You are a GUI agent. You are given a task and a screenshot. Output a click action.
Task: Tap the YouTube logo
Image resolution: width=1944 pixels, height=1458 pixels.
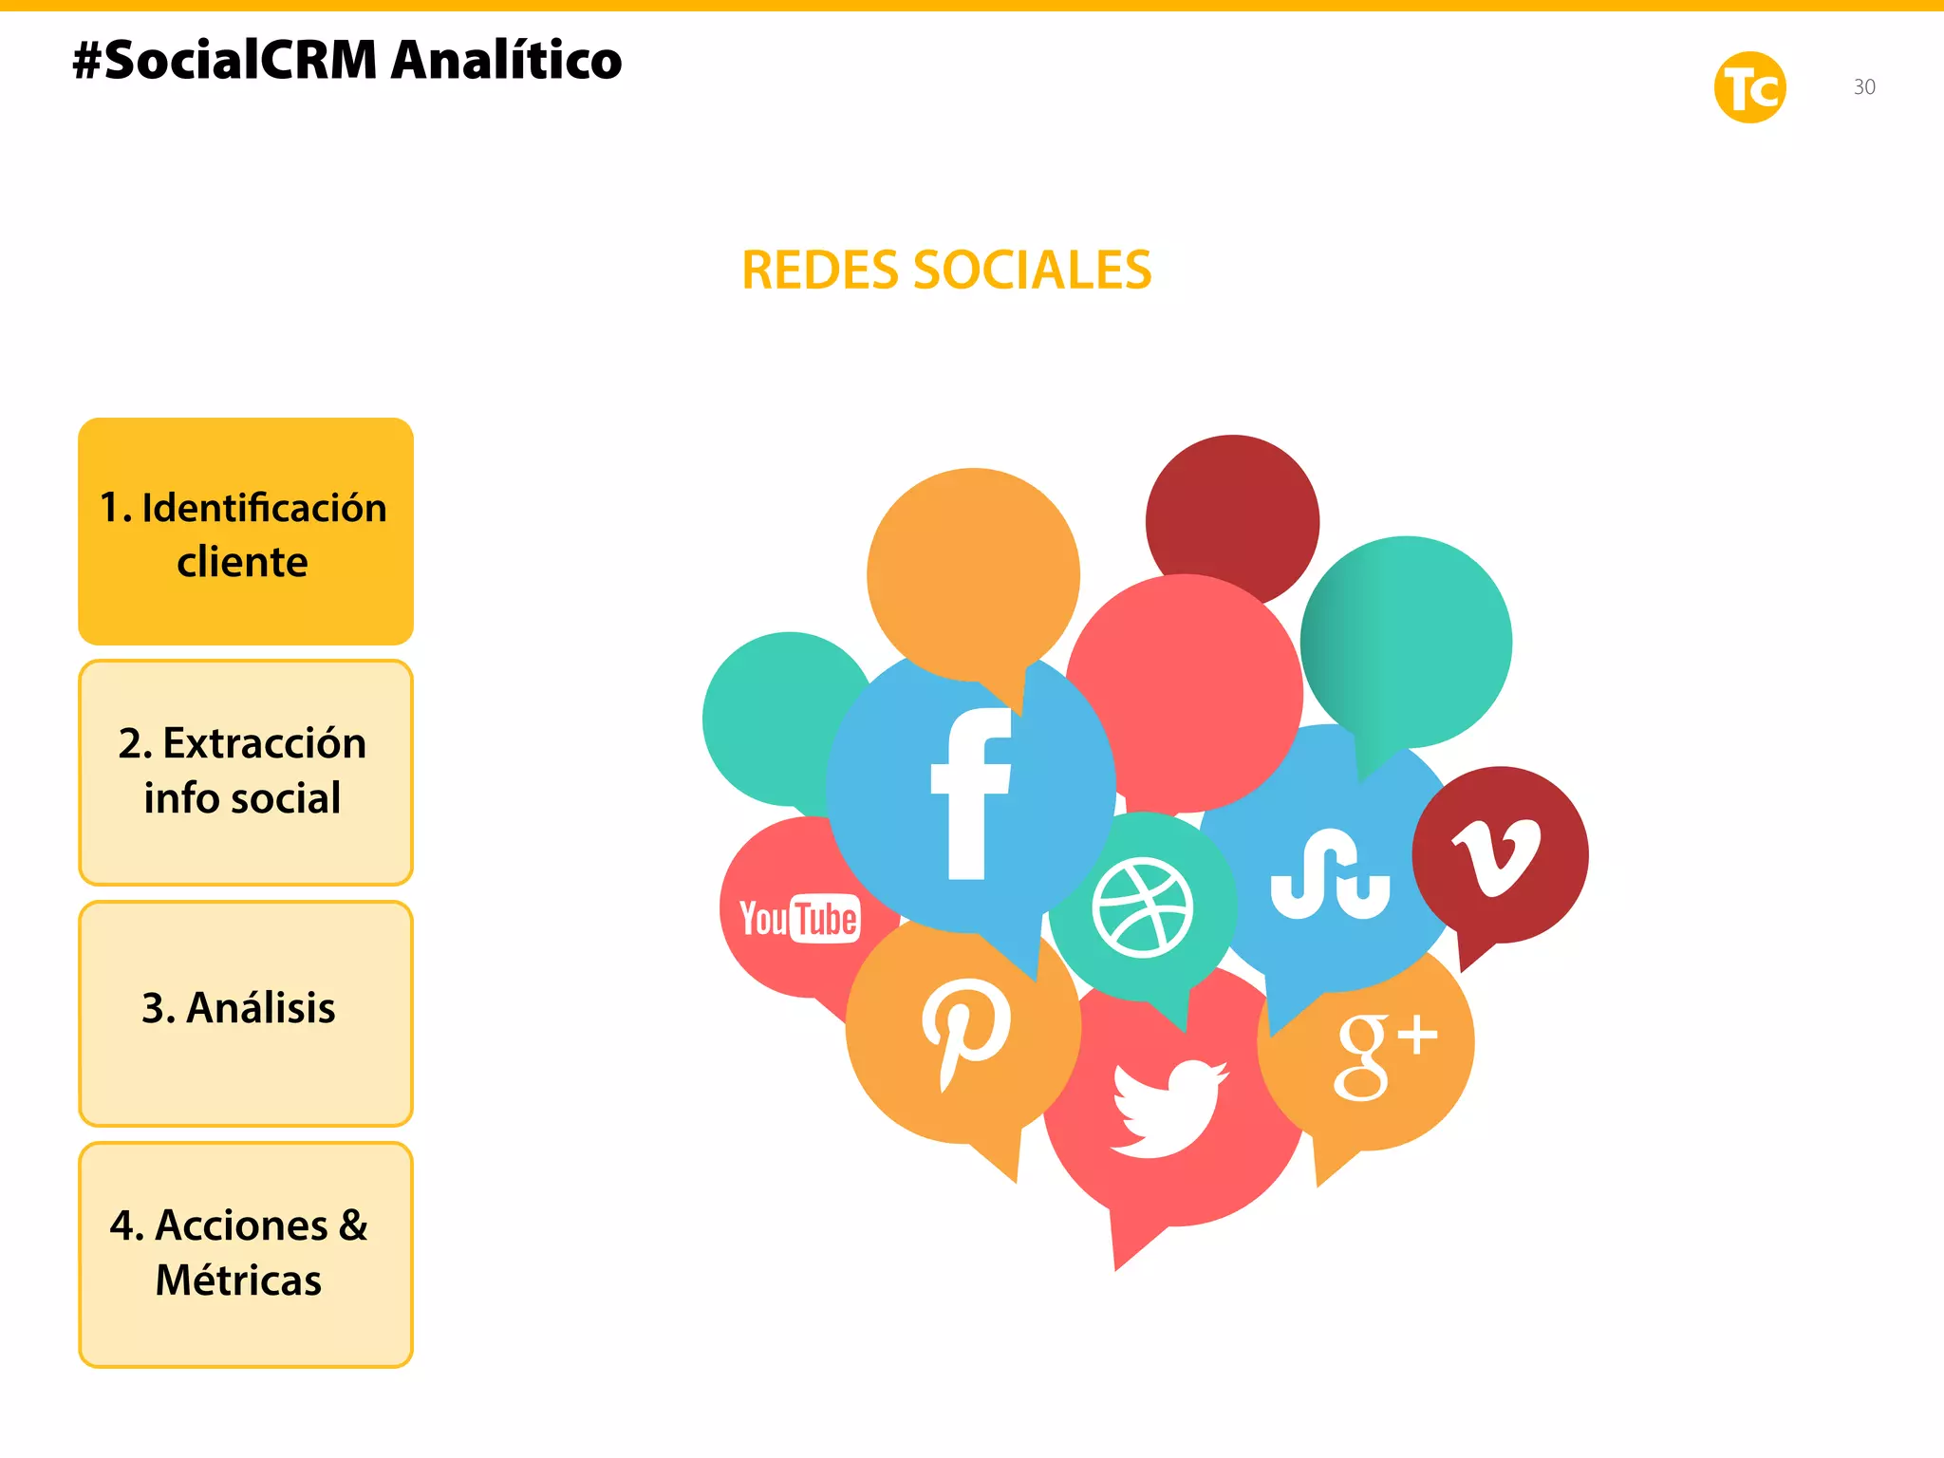[799, 918]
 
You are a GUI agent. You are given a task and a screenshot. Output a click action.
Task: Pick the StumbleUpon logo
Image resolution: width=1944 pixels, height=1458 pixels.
[1330, 875]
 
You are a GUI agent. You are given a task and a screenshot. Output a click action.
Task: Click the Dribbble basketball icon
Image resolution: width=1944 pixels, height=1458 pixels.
[1143, 907]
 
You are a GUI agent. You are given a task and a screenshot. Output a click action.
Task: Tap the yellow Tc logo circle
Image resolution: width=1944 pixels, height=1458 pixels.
[1749, 87]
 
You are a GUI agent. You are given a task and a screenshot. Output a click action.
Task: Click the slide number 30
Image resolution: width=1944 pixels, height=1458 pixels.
[1864, 87]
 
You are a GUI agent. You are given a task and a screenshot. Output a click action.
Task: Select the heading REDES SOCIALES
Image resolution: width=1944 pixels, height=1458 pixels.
[946, 271]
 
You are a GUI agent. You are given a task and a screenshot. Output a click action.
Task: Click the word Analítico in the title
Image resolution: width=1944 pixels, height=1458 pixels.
[507, 61]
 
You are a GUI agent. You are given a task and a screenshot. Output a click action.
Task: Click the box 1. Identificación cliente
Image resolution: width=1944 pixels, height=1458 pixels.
[246, 532]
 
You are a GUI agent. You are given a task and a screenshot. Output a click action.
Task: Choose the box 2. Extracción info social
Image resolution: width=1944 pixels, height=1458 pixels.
[246, 773]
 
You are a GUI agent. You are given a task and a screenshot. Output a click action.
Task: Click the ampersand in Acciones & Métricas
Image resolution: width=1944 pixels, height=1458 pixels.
[352, 1225]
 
